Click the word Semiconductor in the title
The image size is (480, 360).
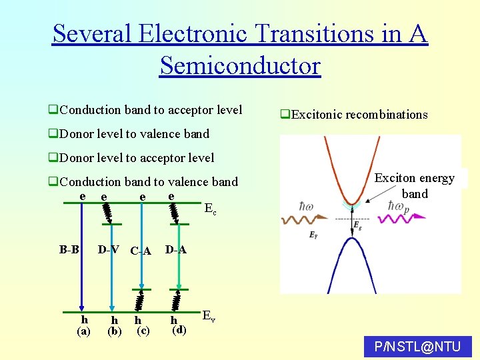240,65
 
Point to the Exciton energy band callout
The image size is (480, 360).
414,186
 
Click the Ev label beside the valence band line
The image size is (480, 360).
209,315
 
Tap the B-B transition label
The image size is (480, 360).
69,250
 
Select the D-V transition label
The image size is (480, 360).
109,250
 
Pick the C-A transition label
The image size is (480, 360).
141,251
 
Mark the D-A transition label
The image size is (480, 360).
175,250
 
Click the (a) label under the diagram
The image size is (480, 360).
84,331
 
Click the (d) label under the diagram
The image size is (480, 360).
179,329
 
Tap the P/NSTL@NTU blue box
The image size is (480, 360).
418,347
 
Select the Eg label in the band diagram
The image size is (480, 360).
358,225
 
